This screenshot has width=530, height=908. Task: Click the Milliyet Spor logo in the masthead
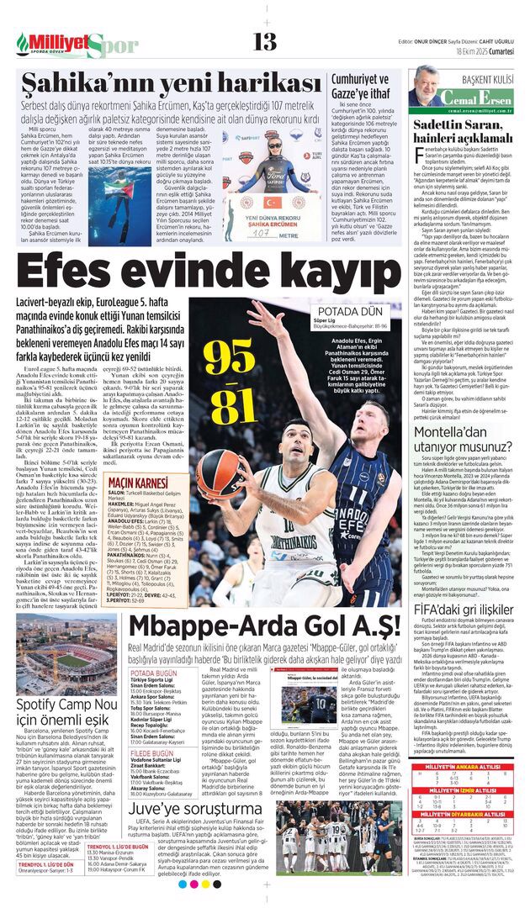(x=76, y=44)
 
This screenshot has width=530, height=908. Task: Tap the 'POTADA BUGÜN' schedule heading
(x=154, y=673)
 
